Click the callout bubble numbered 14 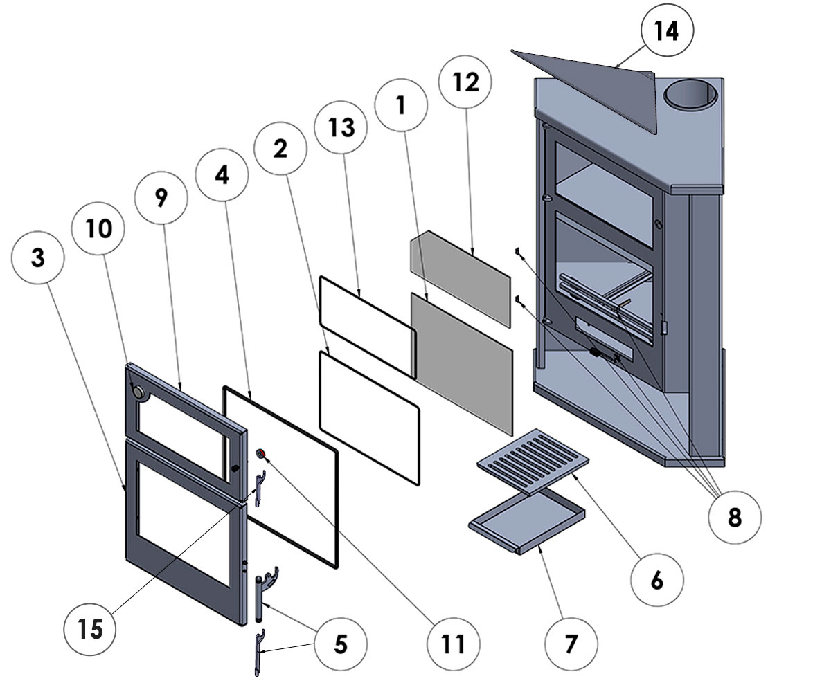point(667,33)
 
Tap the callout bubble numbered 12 point(465,83)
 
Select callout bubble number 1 point(401,104)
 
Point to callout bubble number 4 point(222,175)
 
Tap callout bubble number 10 point(99,228)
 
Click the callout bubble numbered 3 point(38,258)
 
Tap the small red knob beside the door point(262,453)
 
